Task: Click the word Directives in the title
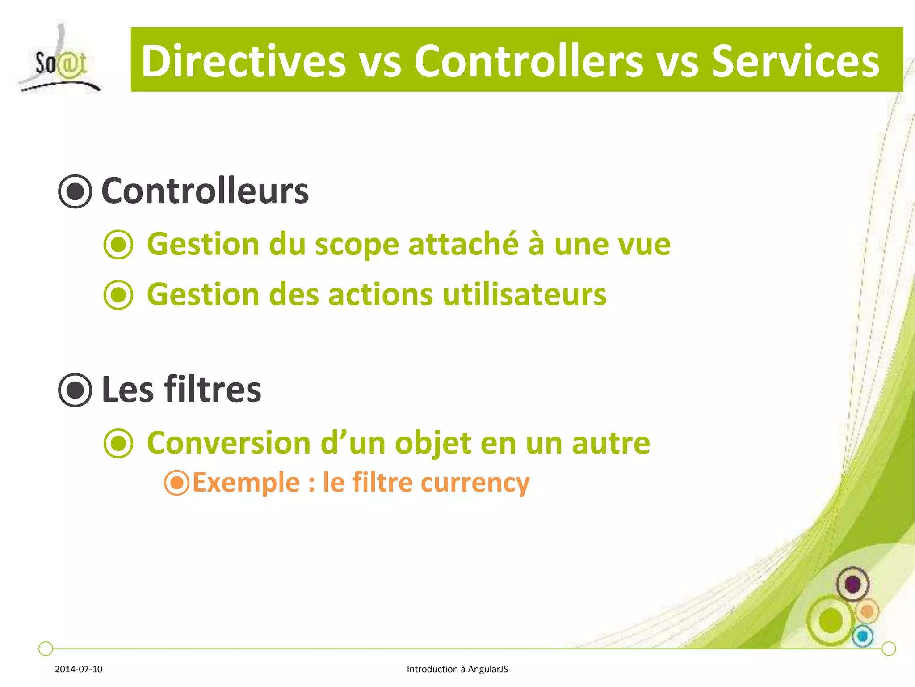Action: pos(243,61)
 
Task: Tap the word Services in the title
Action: pos(795,61)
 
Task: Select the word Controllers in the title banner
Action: pos(528,61)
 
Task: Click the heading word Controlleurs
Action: pos(205,191)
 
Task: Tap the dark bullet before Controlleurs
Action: pos(75,191)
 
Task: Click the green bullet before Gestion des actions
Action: pos(118,295)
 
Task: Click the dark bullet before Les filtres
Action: pos(75,390)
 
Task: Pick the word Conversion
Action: pos(229,443)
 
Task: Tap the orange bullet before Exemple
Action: pos(177,483)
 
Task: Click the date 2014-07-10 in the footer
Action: pos(79,669)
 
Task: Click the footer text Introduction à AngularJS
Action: pos(457,669)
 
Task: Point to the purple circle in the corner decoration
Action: pos(852,584)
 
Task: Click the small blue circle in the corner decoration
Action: pos(863,636)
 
